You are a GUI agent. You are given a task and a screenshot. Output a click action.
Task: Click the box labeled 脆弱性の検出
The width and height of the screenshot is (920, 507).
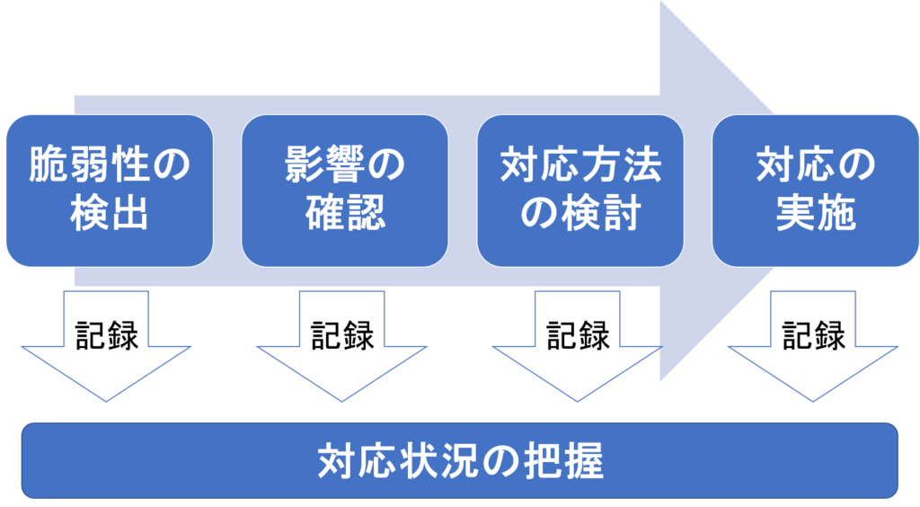pos(109,190)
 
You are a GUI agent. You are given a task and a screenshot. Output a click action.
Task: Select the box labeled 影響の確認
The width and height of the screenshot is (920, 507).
pos(344,190)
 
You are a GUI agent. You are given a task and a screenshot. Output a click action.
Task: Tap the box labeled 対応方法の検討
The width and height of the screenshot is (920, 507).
pos(579,190)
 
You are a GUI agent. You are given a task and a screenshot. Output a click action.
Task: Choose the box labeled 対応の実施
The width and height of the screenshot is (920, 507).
pos(815,190)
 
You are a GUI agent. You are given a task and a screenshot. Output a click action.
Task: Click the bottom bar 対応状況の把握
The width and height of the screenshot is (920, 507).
pos(459,460)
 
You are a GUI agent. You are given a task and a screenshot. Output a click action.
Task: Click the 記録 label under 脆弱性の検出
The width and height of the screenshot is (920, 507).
pos(107,335)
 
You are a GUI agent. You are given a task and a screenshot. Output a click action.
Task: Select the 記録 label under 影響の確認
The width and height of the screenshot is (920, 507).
pos(342,335)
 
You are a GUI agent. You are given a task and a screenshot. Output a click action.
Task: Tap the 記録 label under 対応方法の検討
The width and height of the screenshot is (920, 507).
pos(578,335)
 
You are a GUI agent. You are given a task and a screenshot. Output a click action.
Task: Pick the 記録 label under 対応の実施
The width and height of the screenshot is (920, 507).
pos(813,335)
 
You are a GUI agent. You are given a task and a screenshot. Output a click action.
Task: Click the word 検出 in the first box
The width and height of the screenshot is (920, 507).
pos(109,216)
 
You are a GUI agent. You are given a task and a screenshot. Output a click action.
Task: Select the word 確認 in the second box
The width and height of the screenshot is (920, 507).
pos(344,216)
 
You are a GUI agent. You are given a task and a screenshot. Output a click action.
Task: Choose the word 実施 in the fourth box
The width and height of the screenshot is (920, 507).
pos(815,216)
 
